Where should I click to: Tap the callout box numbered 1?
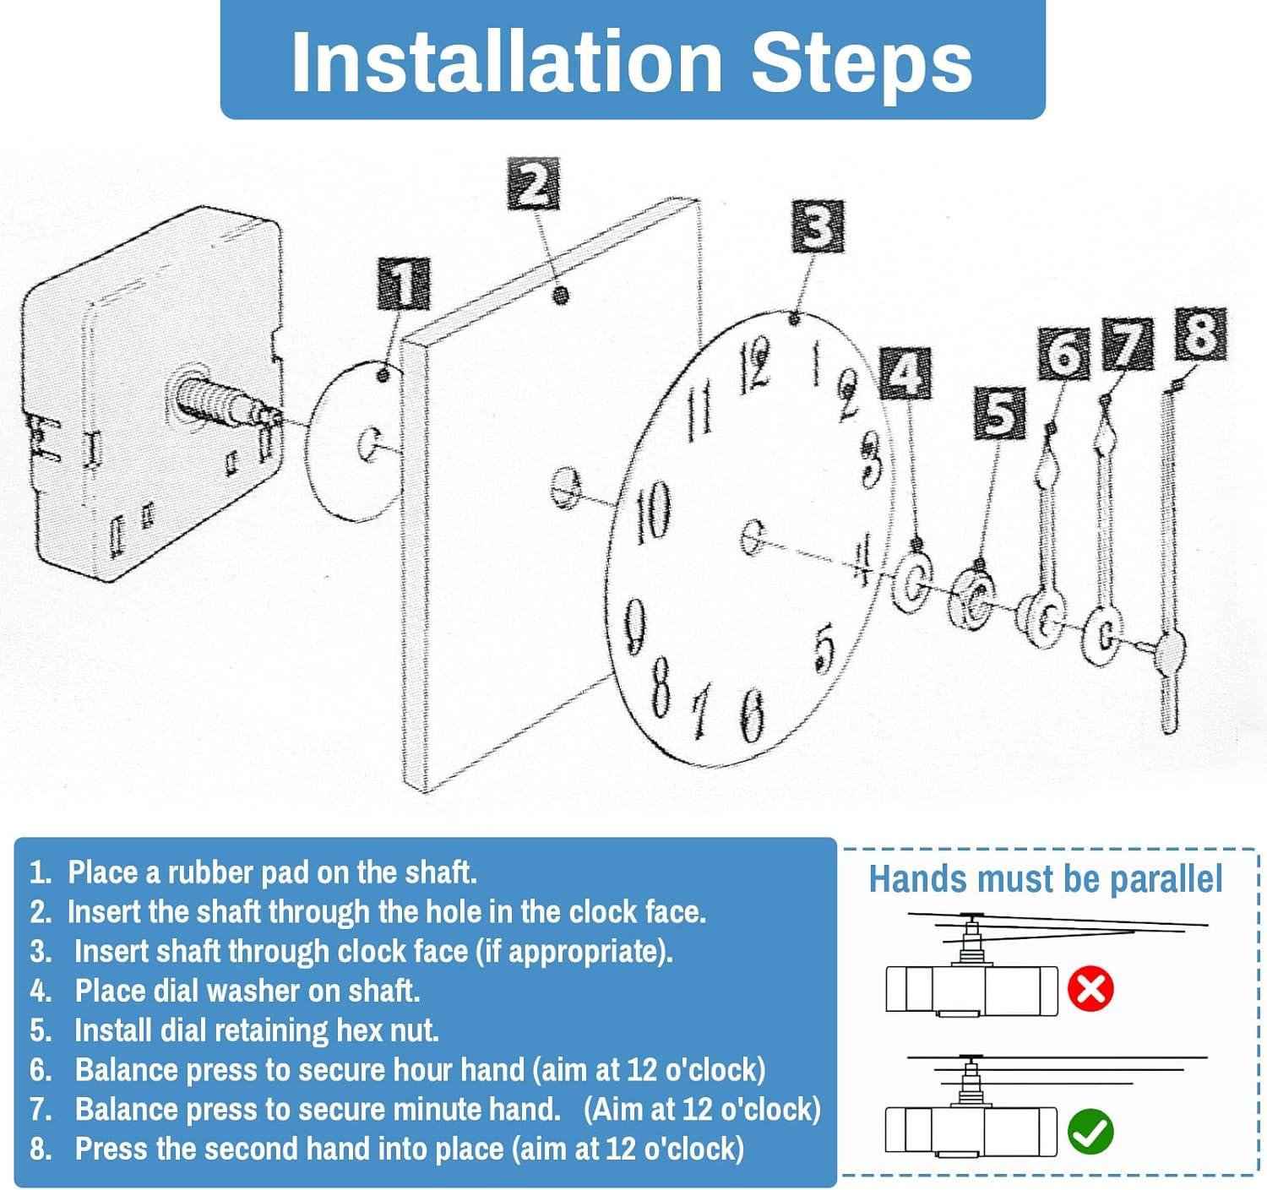[x=403, y=284]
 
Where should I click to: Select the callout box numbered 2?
[x=534, y=184]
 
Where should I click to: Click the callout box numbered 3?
[x=818, y=226]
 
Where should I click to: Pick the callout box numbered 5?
[x=1000, y=413]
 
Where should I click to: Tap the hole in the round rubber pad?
[x=368, y=443]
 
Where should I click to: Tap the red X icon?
[x=1090, y=991]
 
